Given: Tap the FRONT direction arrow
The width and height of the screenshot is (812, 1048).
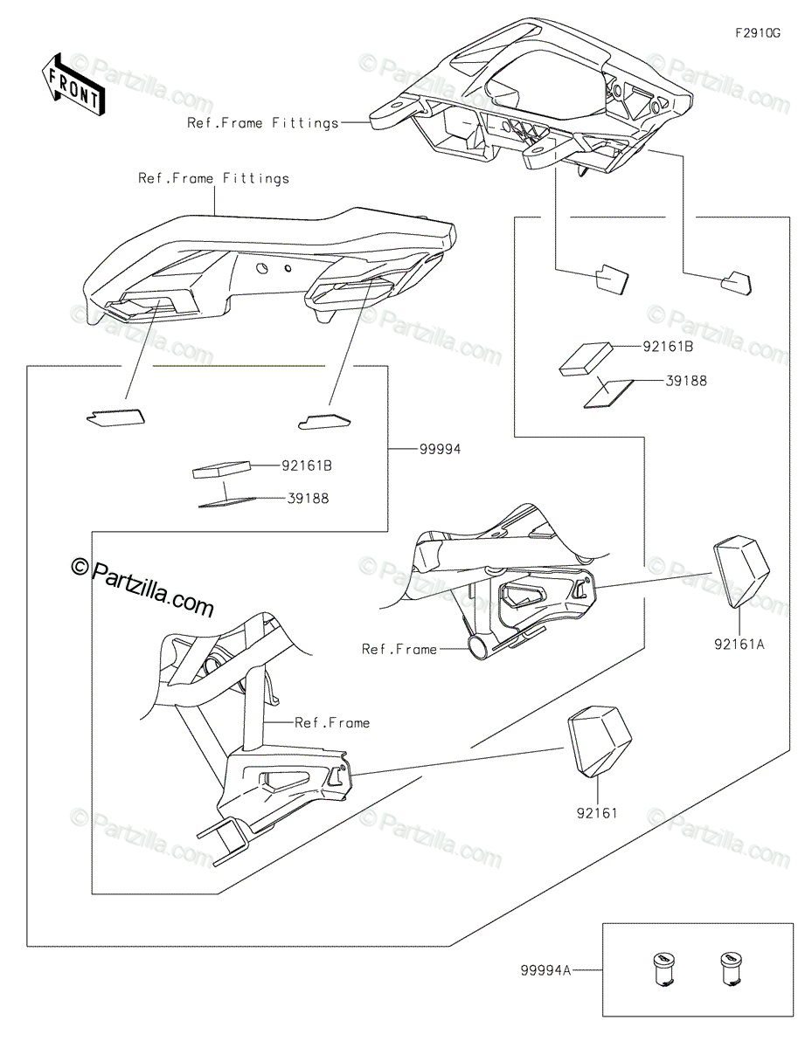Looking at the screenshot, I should click(73, 85).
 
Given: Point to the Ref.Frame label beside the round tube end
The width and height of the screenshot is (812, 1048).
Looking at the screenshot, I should click(400, 649).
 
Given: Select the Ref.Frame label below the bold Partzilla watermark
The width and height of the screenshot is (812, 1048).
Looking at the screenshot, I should click(332, 722).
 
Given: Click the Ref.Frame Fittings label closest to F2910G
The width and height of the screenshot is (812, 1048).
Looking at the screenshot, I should click(262, 123).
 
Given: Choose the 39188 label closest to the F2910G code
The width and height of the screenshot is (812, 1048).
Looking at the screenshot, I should click(687, 381).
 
